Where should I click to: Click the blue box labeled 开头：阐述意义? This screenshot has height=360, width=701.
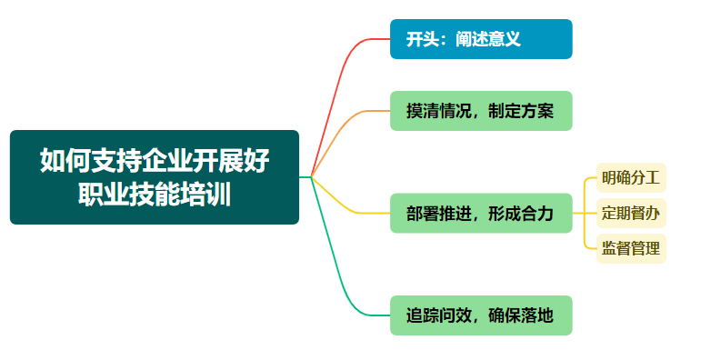coord(481,39)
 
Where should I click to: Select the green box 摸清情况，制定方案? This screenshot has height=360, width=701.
coord(481,111)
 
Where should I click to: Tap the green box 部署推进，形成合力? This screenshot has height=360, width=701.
coord(481,214)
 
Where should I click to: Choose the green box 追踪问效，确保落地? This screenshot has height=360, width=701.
coord(481,315)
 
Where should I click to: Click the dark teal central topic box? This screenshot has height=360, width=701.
coord(155,177)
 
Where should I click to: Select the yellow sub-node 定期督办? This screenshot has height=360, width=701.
coord(631,213)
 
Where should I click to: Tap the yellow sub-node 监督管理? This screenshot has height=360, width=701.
coord(631,248)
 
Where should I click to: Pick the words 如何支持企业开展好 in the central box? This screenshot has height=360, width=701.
coord(155,161)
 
